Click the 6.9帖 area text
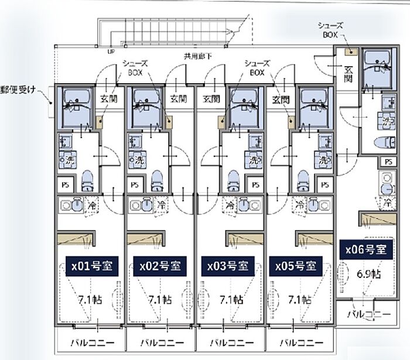click(x=368, y=273)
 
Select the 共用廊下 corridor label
click(x=197, y=57)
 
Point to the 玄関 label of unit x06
click(x=347, y=74)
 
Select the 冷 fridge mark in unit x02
click(x=161, y=205)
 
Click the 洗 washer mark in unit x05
click(x=323, y=159)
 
